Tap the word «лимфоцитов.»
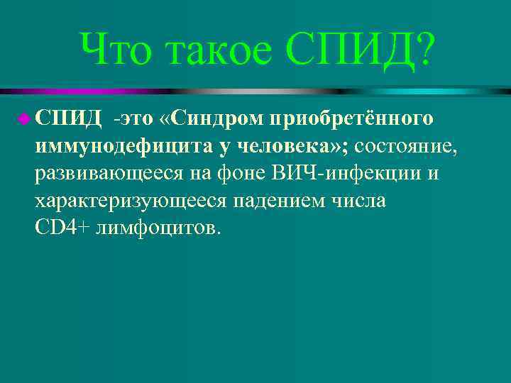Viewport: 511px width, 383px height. [157, 229]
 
